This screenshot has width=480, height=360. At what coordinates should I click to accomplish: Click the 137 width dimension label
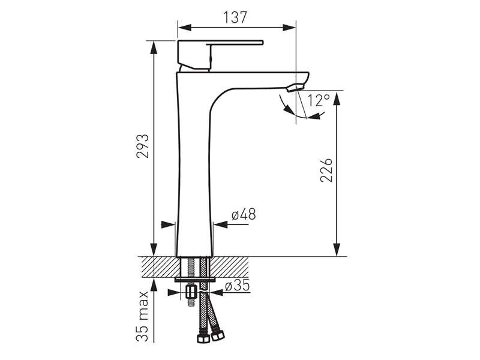[x=235, y=17]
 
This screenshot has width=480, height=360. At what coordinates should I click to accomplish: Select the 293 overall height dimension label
[x=143, y=146]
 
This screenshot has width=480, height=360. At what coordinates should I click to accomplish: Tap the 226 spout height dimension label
[x=326, y=170]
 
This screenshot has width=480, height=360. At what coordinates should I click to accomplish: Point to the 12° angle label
[x=319, y=100]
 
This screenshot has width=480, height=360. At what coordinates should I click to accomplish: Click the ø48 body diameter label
[x=244, y=214]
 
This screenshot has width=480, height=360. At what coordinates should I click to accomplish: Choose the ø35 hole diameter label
[x=238, y=286]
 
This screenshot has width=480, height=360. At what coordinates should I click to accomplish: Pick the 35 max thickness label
[x=143, y=316]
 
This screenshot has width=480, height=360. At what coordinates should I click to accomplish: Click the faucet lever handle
[x=220, y=55]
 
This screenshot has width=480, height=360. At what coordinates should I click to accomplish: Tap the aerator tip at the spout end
[x=295, y=88]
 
